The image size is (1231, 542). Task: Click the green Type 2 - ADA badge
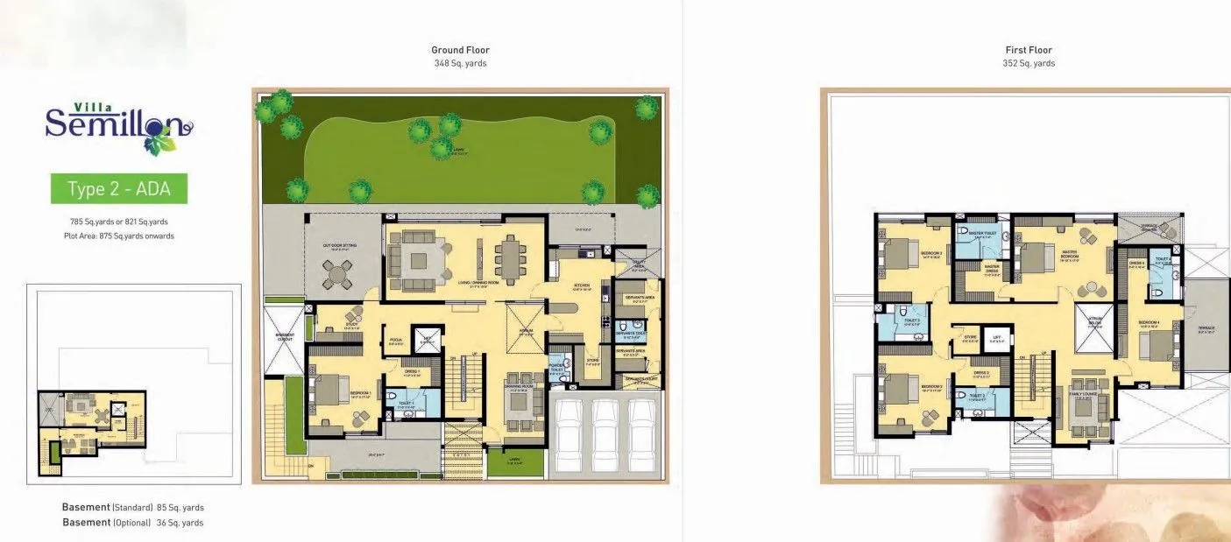[x=118, y=188]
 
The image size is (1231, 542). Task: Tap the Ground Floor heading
[x=460, y=50]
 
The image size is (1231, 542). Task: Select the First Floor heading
[x=1029, y=50]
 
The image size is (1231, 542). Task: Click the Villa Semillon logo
[x=118, y=125]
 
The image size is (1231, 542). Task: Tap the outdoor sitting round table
[x=336, y=273]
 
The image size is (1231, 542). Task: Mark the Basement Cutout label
[x=285, y=337]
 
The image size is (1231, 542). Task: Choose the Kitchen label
[x=580, y=285]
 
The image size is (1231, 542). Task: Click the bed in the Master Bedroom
[x=1036, y=257]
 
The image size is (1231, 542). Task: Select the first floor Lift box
[x=995, y=337]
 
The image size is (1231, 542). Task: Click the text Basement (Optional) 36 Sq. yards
[x=133, y=523]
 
